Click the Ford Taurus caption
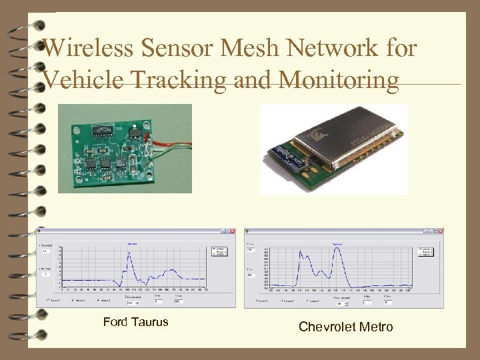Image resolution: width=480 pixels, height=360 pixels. pyautogui.click(x=136, y=323)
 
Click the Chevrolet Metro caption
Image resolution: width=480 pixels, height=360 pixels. pyautogui.click(x=345, y=327)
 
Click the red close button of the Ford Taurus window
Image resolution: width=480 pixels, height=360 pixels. pyautogui.click(x=232, y=232)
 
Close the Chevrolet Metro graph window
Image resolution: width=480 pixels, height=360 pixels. pyautogui.click(x=440, y=232)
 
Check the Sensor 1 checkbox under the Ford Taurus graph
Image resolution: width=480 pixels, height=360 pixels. pyautogui.click(x=47, y=300)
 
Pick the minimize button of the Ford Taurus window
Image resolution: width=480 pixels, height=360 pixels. pyautogui.click(x=220, y=232)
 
